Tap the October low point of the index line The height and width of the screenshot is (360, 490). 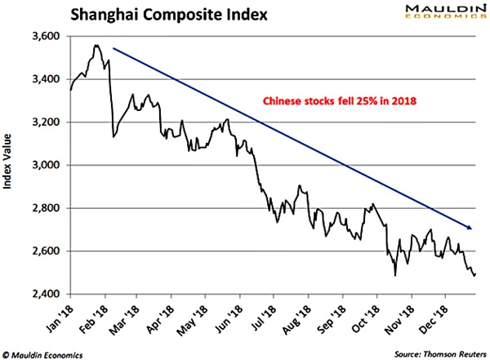tap(394, 275)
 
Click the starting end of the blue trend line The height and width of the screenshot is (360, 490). tap(114, 48)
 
